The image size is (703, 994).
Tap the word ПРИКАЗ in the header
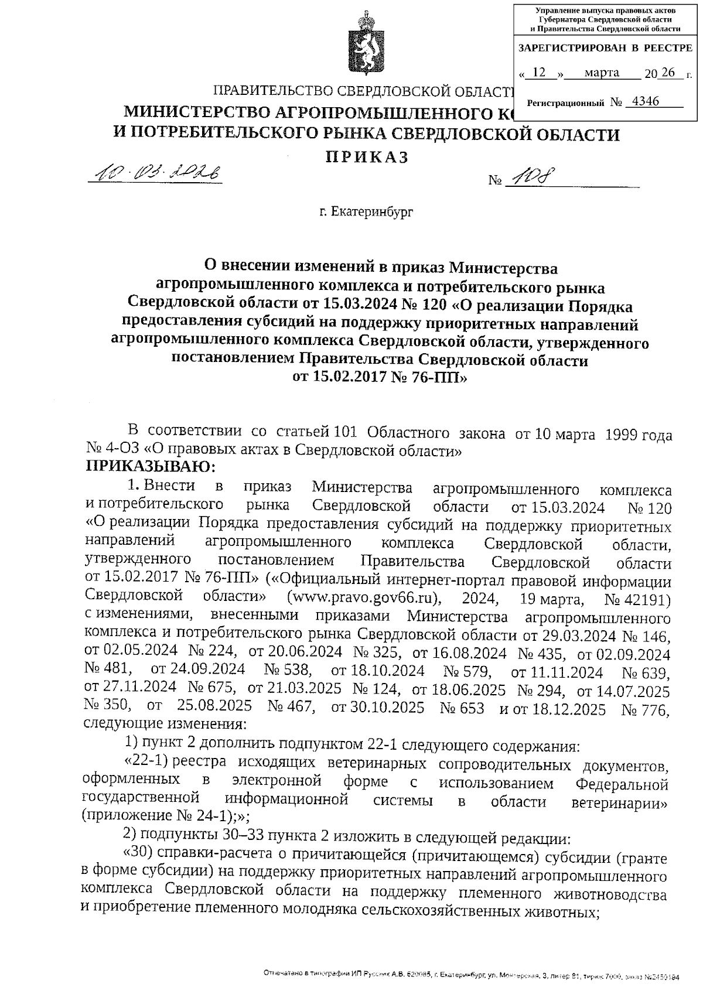click(366, 157)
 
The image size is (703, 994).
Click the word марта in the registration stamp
click(602, 73)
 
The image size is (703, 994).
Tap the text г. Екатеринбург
click(366, 211)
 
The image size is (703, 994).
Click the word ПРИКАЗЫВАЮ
click(151, 467)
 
